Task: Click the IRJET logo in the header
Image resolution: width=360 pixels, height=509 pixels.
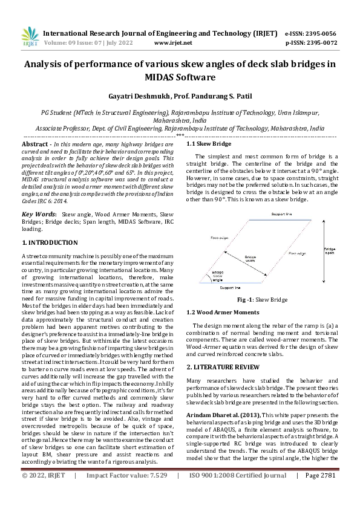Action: [x=30, y=37]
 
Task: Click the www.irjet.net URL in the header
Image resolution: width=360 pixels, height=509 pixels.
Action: [x=173, y=43]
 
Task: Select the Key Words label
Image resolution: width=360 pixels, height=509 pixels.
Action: [x=39, y=214]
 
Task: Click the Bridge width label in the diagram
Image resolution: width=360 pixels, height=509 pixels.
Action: [x=250, y=259]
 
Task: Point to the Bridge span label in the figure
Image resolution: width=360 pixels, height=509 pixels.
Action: [x=330, y=251]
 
